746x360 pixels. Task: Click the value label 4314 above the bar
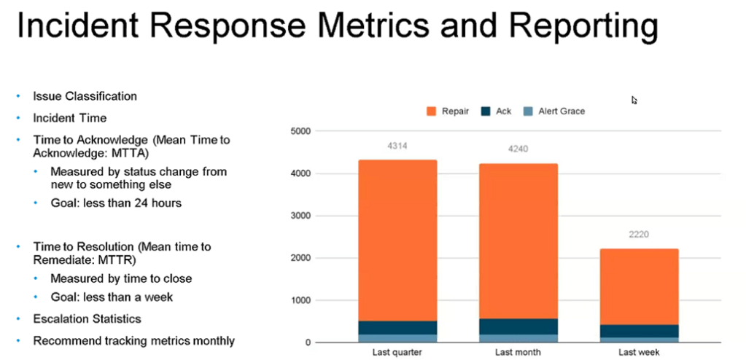(397, 146)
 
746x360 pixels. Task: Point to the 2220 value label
(639, 235)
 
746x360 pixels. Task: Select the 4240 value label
(518, 149)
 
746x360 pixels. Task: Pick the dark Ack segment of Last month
(518, 326)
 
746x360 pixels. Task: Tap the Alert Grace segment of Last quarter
(397, 338)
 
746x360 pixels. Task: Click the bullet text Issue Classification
(85, 96)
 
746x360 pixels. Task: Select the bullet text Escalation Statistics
(87, 318)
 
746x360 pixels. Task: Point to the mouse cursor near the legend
(634, 100)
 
